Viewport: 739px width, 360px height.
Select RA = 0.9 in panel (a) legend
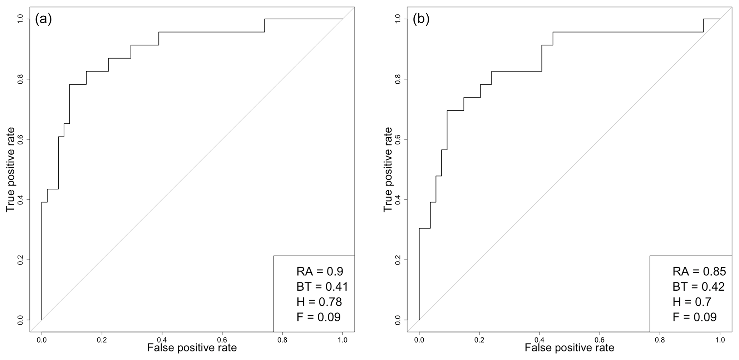pyautogui.click(x=320, y=272)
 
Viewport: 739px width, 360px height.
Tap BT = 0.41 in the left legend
pyautogui.click(x=322, y=287)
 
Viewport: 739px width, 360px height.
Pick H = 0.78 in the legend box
pyautogui.click(x=319, y=302)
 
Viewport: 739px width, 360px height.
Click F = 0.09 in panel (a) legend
pyautogui.click(x=318, y=317)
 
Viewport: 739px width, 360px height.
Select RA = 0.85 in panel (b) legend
pyautogui.click(x=699, y=272)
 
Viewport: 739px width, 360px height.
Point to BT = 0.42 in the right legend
pyautogui.click(x=698, y=287)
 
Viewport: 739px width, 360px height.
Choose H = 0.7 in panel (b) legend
pyautogui.click(x=692, y=302)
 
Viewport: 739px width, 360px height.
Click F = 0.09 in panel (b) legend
pyautogui.click(x=694, y=317)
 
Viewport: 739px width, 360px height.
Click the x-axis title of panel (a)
pyautogui.click(x=192, y=348)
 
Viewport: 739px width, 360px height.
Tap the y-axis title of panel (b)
pyautogui.click(x=388, y=169)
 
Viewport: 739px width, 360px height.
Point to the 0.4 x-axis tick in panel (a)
pyautogui.click(x=162, y=340)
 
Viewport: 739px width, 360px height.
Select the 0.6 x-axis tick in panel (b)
pyautogui.click(x=600, y=340)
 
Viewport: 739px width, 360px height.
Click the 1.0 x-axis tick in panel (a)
pyautogui.click(x=343, y=340)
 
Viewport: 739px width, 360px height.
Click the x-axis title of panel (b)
pyautogui.click(x=570, y=348)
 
